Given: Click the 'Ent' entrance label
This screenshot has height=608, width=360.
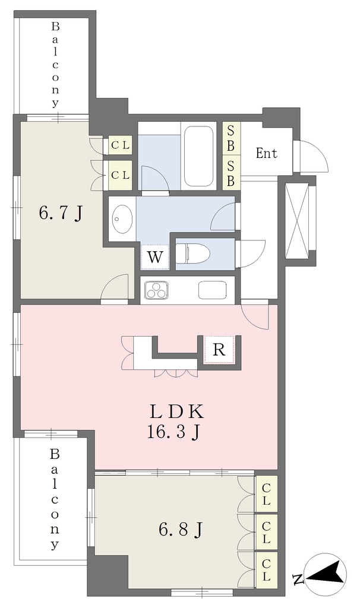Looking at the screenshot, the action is [267, 153].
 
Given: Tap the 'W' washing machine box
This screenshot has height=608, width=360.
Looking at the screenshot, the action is [155, 257].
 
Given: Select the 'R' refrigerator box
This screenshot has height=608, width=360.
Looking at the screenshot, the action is [219, 350].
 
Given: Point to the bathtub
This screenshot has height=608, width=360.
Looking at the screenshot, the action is [198, 156].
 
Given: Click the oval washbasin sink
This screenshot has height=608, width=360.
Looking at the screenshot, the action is [122, 219].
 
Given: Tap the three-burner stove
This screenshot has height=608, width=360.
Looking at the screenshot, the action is [157, 290].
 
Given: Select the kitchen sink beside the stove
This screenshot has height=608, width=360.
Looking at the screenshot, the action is [212, 290].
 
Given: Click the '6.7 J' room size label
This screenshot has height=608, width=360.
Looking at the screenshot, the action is [61, 213].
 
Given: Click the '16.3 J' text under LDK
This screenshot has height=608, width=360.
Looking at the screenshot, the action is [173, 432].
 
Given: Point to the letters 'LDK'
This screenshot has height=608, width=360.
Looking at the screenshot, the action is [176, 412].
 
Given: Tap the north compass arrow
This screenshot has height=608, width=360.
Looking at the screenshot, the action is [326, 574].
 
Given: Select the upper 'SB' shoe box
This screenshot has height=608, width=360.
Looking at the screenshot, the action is [231, 139].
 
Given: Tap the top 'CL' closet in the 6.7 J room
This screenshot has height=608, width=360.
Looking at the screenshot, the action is [120, 145].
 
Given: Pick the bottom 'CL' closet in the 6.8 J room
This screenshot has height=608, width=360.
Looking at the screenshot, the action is [266, 570].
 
